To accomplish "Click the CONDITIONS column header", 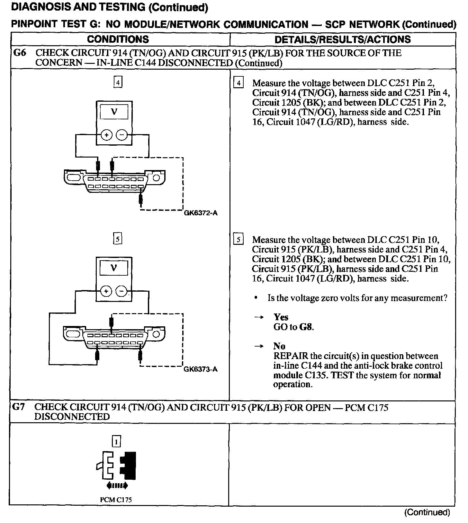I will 118,39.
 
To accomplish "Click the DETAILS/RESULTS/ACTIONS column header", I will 343,39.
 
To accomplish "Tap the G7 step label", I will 18,407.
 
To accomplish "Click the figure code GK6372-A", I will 201,213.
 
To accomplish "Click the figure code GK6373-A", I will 201,369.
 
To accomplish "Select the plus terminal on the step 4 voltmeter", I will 106,135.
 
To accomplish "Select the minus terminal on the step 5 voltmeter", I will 122,291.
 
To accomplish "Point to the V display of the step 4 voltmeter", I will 114,112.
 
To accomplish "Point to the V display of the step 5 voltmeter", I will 114,268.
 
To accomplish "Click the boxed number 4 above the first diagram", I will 118,83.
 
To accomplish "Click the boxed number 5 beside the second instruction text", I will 238,240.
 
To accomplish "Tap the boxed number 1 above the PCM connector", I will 116,442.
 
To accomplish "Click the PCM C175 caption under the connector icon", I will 116,500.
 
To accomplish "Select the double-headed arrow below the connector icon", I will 117,486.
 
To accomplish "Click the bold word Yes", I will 281,317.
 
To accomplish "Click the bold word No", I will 279,346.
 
